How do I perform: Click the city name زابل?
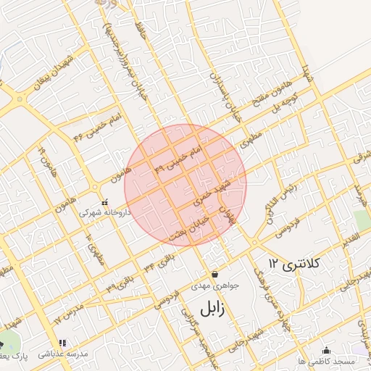pos(210,309)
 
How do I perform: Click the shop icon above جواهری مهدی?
pos(215,275)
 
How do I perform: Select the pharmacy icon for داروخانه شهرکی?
pos(106,202)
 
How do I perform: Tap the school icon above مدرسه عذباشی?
pos(62,343)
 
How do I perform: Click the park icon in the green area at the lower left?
pos(2,344)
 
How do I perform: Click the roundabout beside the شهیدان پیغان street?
pos(20,98)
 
